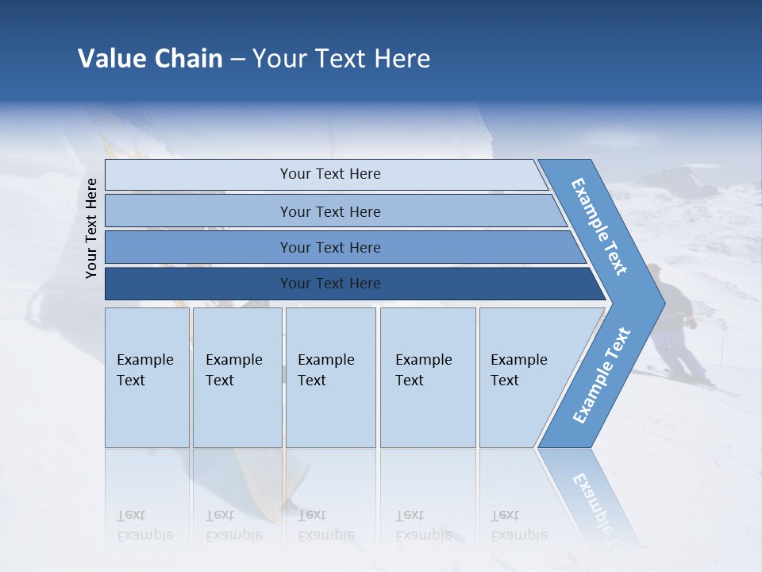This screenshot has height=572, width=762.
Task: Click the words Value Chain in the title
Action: pos(150,59)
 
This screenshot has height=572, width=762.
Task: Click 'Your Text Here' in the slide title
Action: pos(341,59)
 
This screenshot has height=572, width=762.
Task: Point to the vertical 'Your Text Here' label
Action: pos(91,228)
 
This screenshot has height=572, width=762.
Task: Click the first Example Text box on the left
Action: pos(146,377)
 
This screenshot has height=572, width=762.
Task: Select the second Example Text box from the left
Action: pos(237,377)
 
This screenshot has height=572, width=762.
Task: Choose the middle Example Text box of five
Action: pos(329,377)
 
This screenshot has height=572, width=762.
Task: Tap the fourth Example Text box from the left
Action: pos(427,377)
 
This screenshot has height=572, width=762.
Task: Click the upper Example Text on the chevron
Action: pos(599,226)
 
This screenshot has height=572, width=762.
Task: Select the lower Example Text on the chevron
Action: pos(601,376)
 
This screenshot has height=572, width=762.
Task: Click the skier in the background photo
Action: pos(675,326)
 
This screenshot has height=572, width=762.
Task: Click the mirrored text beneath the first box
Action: pos(144,525)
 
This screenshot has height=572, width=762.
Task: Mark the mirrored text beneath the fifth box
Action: pos(518,525)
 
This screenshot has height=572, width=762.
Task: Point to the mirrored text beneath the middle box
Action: pos(325,525)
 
